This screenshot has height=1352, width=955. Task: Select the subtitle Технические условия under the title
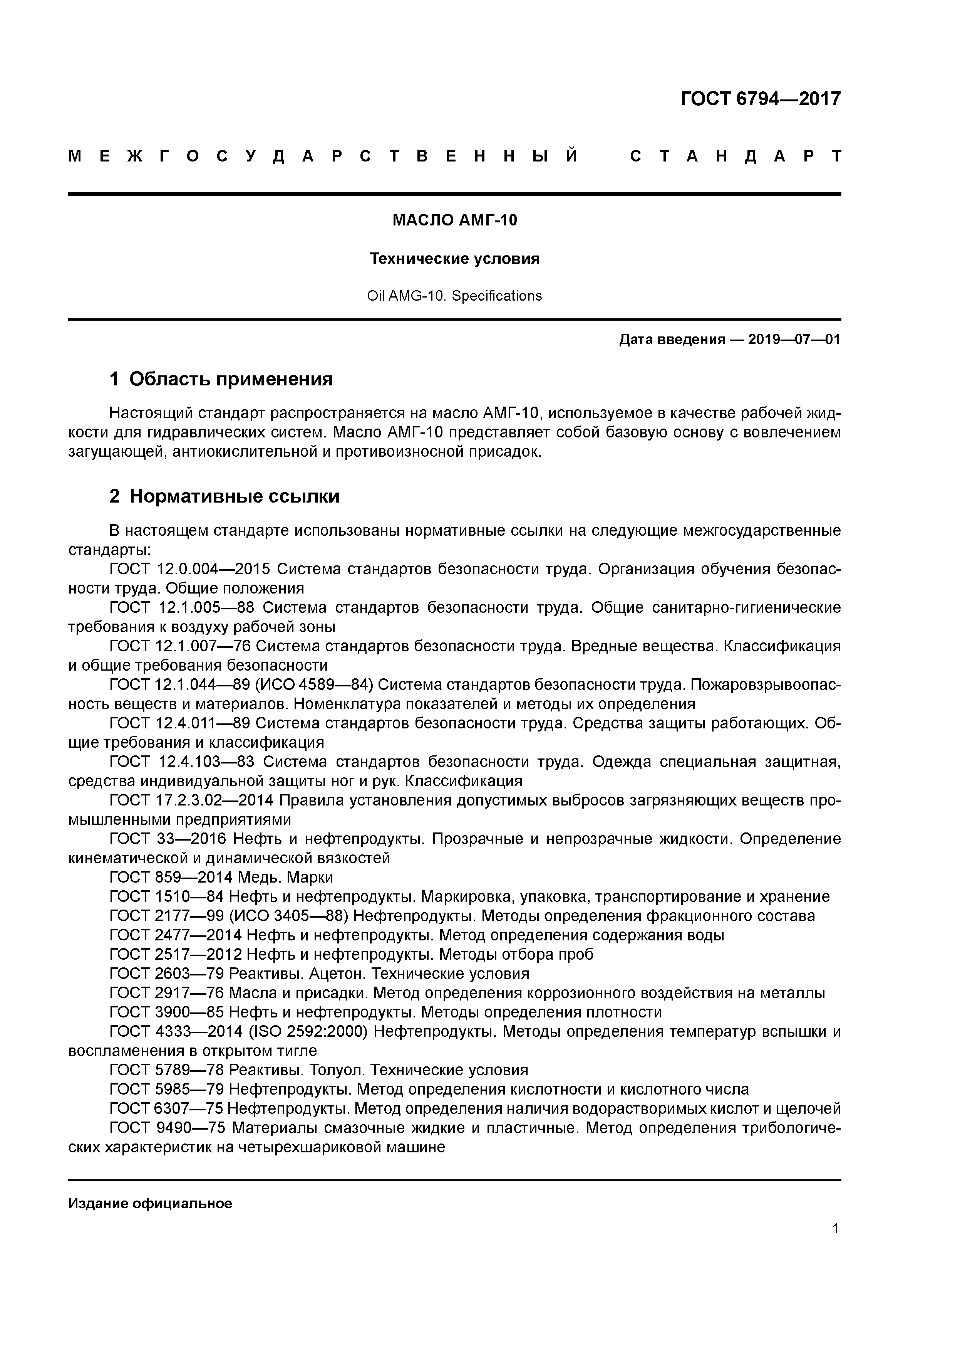pyautogui.click(x=454, y=259)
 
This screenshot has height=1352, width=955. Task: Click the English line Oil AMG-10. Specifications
pyautogui.click(x=454, y=296)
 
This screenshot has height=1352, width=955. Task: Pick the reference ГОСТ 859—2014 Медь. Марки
pyautogui.click(x=221, y=878)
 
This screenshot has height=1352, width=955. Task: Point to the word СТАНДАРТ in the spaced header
pyautogui.click(x=736, y=156)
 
